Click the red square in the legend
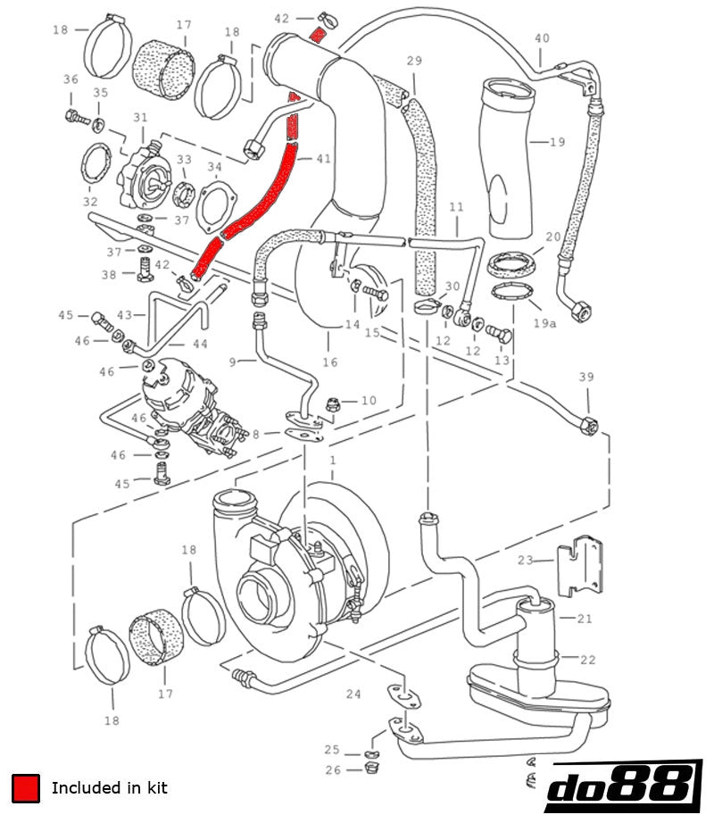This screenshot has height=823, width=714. click(26, 787)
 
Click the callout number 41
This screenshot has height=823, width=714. click(322, 158)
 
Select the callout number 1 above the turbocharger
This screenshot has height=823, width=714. click(332, 461)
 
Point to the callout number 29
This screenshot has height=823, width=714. click(414, 61)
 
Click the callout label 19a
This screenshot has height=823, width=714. click(544, 323)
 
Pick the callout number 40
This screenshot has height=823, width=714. click(542, 37)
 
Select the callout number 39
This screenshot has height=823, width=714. click(585, 378)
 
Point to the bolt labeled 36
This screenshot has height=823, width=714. click(73, 115)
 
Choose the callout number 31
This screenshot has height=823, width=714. click(140, 118)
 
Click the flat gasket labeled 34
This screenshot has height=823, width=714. click(215, 205)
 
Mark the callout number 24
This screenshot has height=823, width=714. click(353, 694)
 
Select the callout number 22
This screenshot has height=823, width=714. click(587, 660)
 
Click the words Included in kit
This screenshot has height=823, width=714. click(109, 787)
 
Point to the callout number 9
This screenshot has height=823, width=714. click(232, 362)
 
